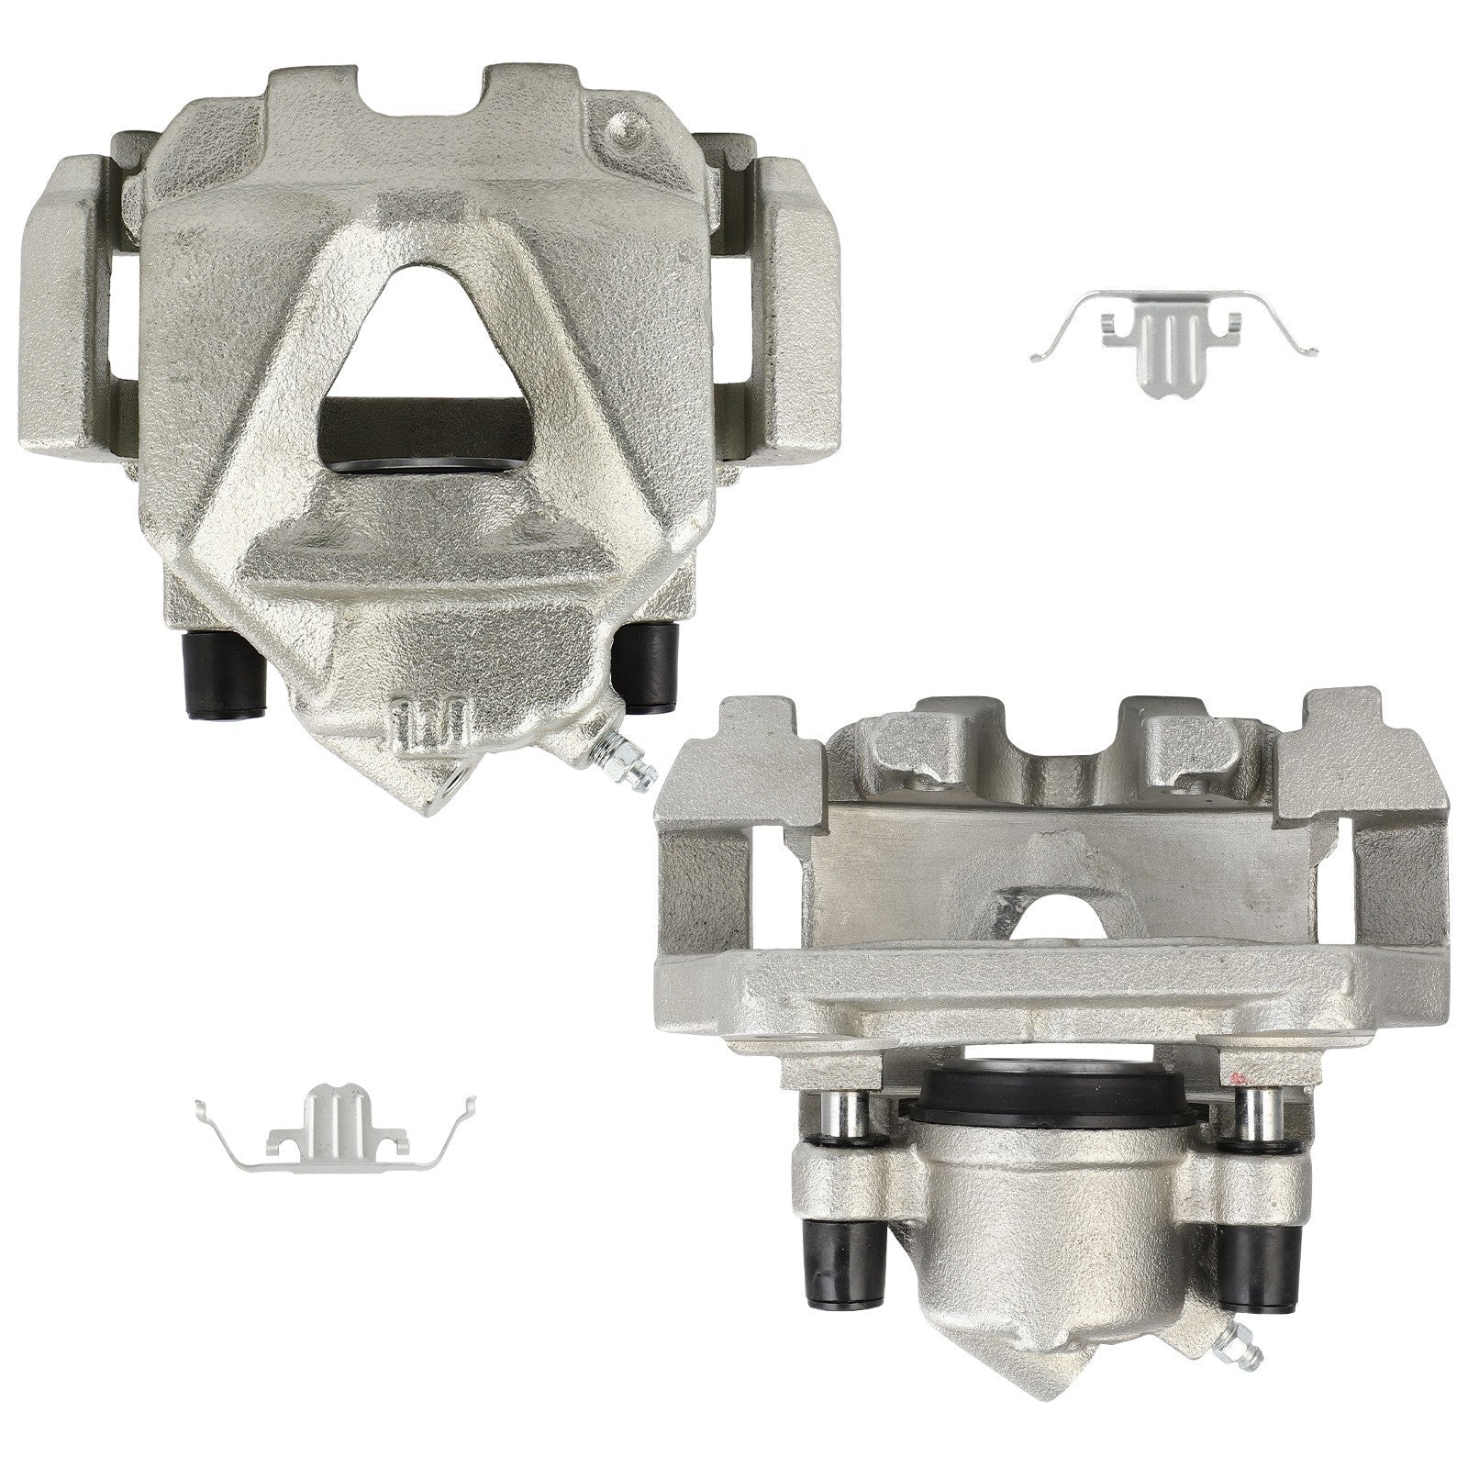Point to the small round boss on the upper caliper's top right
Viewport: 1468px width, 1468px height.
tap(626, 128)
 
